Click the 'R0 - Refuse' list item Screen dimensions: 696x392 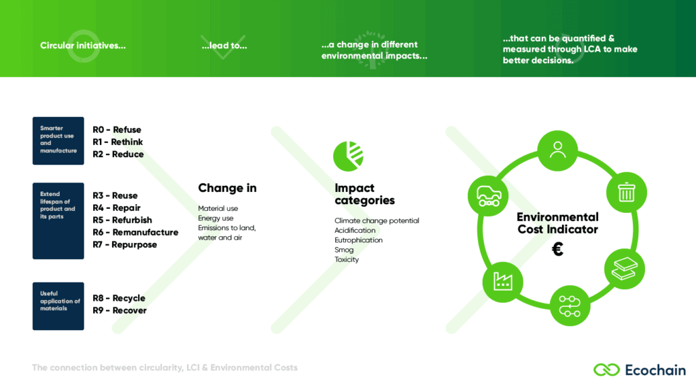[117, 130]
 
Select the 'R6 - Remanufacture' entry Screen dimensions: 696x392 [135, 233]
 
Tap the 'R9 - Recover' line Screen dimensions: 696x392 [120, 310]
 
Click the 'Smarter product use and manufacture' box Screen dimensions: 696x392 [58, 141]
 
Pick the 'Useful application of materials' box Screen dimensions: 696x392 [58, 306]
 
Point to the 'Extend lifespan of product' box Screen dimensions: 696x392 [58, 221]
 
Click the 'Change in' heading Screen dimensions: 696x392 [227, 188]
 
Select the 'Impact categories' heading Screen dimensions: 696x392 [364, 194]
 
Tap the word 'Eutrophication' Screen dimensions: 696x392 [358, 240]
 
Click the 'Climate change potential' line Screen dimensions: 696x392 [377, 221]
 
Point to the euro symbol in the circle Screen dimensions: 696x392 [557, 249]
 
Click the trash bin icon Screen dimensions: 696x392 [626, 192]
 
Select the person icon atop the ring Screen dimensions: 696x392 [557, 150]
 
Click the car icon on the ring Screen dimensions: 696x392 [489, 196]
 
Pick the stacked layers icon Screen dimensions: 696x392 [624, 269]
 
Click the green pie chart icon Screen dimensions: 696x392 [349, 157]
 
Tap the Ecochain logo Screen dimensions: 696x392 [639, 370]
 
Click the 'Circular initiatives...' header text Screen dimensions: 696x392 [83, 46]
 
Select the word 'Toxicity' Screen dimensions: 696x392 [347, 259]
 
